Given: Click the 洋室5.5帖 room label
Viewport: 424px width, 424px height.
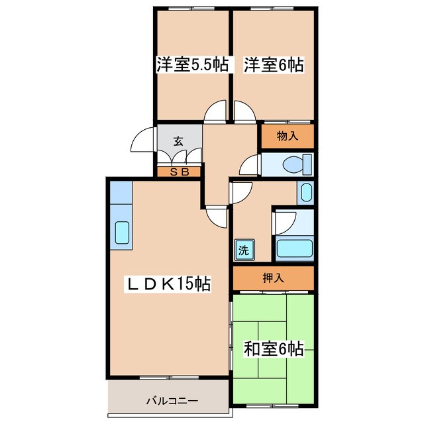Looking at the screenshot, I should pyautogui.click(x=193, y=65).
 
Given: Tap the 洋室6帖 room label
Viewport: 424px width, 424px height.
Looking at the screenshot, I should pyautogui.click(x=274, y=65).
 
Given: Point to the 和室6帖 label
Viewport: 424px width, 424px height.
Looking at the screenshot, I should pyautogui.click(x=274, y=348).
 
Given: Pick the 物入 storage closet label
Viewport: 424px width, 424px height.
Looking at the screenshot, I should pyautogui.click(x=286, y=137).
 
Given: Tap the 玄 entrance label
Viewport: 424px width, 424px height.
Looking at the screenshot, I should pyautogui.click(x=178, y=140).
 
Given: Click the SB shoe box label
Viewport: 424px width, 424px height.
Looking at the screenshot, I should pyautogui.click(x=180, y=172).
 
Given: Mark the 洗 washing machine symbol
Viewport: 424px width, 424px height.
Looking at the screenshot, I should pyautogui.click(x=243, y=250).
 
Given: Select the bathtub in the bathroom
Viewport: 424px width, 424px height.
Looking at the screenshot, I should pyautogui.click(x=293, y=249).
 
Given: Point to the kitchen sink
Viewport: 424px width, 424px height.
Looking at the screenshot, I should pyautogui.click(x=123, y=233).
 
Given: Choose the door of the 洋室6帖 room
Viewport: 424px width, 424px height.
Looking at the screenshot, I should pyautogui.click(x=244, y=112).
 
